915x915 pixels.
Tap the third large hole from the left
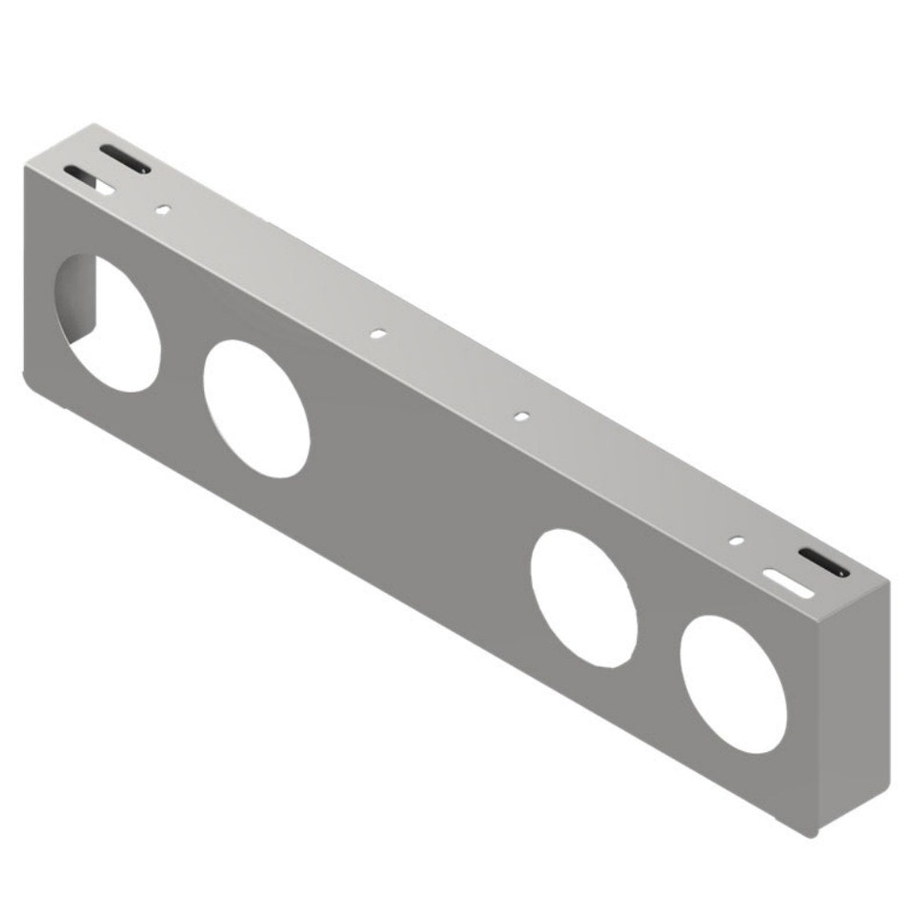[584, 598]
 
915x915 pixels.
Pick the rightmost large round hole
[734, 684]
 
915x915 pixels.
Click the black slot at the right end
[823, 563]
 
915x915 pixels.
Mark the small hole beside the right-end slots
[736, 540]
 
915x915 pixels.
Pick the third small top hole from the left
[520, 417]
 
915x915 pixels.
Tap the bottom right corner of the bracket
[813, 833]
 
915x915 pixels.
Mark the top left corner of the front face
[26, 164]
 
